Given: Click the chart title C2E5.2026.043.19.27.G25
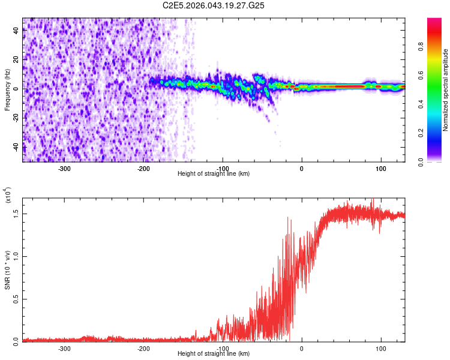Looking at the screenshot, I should (214, 5).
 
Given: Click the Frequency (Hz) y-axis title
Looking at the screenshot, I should (8, 90).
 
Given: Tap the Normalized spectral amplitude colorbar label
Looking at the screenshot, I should (446, 90).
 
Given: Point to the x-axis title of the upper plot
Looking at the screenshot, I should (214, 173).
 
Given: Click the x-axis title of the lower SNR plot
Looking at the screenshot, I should (214, 353).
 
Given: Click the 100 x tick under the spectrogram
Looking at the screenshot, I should (380, 167).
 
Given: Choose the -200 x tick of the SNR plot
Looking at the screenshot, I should (143, 347).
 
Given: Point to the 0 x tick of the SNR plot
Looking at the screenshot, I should (302, 347).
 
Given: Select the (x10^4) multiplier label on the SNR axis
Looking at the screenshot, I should (8, 194).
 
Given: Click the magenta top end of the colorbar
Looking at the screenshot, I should (434, 21).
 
